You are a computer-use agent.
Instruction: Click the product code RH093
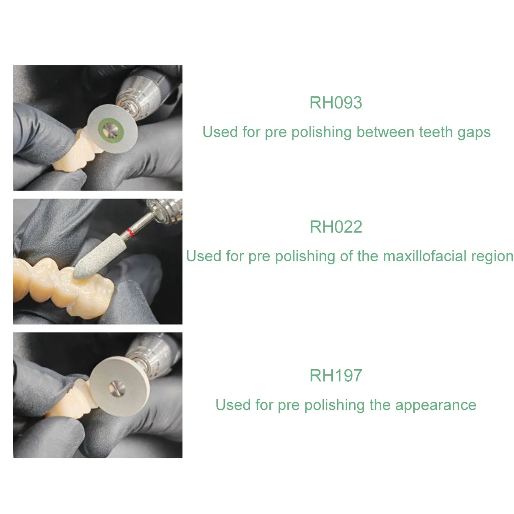pos(335,103)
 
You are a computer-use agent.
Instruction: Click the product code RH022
pos(335,227)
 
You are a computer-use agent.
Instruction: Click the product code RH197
pos(335,376)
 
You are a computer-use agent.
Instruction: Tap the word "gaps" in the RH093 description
pos(474,133)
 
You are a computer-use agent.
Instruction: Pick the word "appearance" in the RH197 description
pos(436,406)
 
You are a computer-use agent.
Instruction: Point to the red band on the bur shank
pos(130,232)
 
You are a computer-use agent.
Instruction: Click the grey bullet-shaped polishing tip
pos(96,256)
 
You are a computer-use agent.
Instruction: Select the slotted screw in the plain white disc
pos(117,388)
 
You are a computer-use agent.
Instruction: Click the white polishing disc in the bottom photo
pos(120,386)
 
